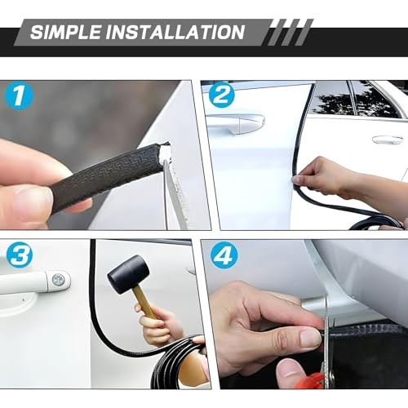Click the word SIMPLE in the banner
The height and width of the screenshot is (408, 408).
click(x=65, y=32)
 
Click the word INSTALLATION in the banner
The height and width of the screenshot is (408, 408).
click(x=175, y=32)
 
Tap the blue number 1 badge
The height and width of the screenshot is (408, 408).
click(x=19, y=95)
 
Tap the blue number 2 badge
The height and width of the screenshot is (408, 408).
click(x=221, y=94)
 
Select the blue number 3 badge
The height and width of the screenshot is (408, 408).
click(x=20, y=255)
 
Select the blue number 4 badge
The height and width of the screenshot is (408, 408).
click(x=224, y=255)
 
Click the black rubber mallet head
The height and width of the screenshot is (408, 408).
click(x=128, y=274)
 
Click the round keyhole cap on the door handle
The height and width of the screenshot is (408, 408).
click(x=58, y=279)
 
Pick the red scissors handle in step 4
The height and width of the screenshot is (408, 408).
click(x=316, y=380)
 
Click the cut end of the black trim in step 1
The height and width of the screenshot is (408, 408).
click(x=165, y=153)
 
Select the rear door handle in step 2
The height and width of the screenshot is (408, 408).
click(x=388, y=140)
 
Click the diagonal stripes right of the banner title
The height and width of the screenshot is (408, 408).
click(x=290, y=32)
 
